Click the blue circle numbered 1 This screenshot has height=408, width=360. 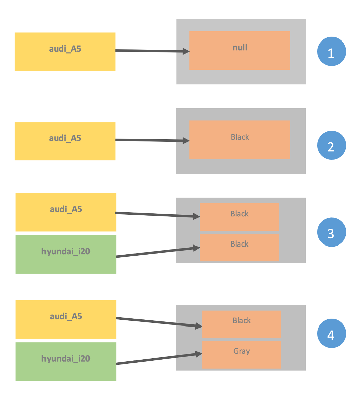(331, 52)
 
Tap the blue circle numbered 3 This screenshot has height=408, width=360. (331, 233)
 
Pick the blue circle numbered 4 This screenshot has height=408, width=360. (331, 335)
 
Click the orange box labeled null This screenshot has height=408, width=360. (239, 50)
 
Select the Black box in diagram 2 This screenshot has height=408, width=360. (239, 140)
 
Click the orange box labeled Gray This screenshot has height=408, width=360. (241, 354)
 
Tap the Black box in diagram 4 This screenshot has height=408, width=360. (241, 324)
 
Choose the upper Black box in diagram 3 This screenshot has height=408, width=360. (239, 217)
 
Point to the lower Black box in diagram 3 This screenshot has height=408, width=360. (239, 247)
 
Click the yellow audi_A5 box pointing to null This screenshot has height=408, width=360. (65, 52)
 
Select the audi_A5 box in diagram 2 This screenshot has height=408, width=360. (65, 141)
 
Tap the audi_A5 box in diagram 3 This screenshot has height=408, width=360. (66, 212)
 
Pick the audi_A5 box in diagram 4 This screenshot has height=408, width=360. (66, 319)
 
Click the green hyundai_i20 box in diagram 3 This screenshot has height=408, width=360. (66, 254)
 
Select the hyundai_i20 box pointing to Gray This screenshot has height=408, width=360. (66, 361)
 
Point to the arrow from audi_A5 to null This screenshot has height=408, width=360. (152, 51)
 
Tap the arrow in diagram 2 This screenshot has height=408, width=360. (152, 140)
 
